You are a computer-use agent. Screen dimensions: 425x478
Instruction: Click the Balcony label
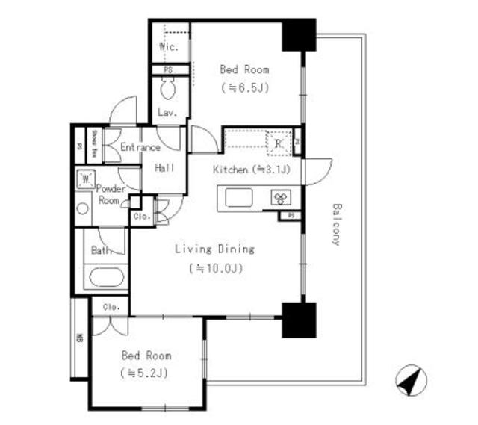(x=336, y=224)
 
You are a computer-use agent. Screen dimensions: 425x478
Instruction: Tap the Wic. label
(x=167, y=47)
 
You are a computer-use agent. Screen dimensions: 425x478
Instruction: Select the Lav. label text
(x=166, y=113)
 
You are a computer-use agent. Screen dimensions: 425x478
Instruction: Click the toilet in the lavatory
(x=167, y=91)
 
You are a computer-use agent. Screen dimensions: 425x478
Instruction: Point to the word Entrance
(x=140, y=147)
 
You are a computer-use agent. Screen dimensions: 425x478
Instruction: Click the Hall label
(x=164, y=168)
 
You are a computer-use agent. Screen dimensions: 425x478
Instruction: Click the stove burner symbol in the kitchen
(x=282, y=198)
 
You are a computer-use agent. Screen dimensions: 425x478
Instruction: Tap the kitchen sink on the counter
(x=238, y=197)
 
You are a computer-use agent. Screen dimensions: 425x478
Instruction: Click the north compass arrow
(x=407, y=380)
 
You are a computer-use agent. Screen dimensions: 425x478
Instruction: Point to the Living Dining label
(x=215, y=249)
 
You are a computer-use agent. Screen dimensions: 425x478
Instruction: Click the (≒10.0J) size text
(x=217, y=267)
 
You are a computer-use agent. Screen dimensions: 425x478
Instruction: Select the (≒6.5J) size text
(x=244, y=87)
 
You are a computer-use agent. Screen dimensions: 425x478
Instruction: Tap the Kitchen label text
(x=230, y=170)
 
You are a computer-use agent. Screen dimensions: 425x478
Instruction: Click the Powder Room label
(x=109, y=195)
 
